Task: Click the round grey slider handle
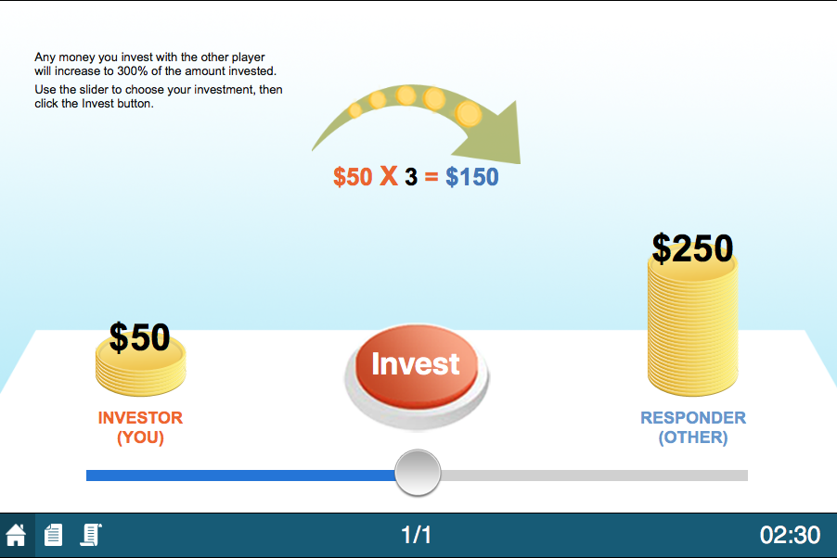click(x=418, y=473)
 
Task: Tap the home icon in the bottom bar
click(x=16, y=535)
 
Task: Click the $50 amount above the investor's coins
click(x=139, y=337)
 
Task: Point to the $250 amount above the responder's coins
click(x=692, y=248)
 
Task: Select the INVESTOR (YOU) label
click(x=140, y=427)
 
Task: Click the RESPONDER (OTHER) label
click(x=693, y=427)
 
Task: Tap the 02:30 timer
click(x=790, y=535)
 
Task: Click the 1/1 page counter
click(x=417, y=535)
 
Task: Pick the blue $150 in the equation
click(x=472, y=177)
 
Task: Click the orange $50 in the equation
click(x=353, y=177)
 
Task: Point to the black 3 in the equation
click(x=411, y=177)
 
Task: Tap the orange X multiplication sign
click(x=389, y=176)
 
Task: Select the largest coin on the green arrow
click(x=468, y=114)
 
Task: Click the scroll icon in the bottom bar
click(x=91, y=535)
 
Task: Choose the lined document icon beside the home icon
click(x=54, y=535)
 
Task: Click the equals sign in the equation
click(x=431, y=177)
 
